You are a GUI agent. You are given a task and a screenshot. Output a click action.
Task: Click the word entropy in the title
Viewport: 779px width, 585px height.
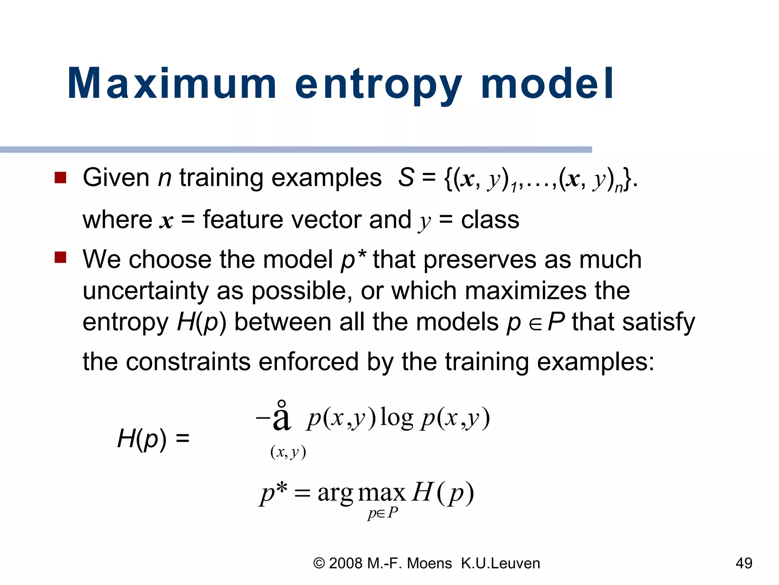tap(378, 86)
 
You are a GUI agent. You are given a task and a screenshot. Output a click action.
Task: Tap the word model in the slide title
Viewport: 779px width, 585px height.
tap(547, 83)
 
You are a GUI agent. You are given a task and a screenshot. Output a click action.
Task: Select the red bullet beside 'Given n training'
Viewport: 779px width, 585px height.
tap(60, 177)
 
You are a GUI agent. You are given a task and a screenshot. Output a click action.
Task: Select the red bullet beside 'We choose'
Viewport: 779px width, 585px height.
tap(60, 257)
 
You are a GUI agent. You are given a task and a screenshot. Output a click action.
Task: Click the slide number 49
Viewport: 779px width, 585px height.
tap(744, 563)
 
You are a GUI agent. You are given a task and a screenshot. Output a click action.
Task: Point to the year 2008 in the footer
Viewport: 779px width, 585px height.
tap(345, 563)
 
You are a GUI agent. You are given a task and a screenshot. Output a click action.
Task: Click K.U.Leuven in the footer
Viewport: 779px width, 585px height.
tap(500, 563)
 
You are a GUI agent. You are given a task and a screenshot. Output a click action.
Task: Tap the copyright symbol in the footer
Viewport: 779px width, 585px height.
tap(319, 563)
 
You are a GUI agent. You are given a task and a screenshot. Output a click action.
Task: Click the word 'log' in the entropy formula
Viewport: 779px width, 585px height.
tap(396, 418)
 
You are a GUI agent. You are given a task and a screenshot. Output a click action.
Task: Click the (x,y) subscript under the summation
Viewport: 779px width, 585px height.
tap(288, 452)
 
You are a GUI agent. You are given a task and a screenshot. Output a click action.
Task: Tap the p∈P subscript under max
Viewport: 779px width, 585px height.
tap(383, 513)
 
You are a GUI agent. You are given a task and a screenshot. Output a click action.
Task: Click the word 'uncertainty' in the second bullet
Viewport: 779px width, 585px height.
tap(146, 291)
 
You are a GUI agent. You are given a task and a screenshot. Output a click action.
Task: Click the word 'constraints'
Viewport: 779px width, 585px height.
tap(188, 361)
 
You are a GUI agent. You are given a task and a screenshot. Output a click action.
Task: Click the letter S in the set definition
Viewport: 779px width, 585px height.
tap(405, 177)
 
